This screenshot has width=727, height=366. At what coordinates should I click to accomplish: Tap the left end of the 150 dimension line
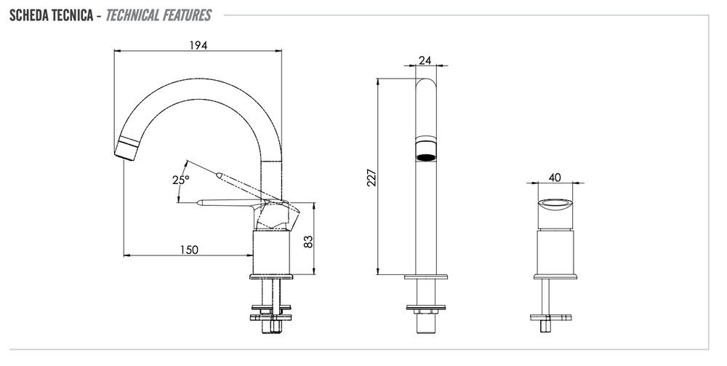click(124, 255)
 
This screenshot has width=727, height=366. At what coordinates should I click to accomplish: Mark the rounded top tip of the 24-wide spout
click(425, 79)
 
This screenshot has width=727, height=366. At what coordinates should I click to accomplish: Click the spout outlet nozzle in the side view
click(126, 149)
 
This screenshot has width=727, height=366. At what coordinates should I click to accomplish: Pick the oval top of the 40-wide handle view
click(555, 204)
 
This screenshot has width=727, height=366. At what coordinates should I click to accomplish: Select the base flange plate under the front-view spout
click(425, 277)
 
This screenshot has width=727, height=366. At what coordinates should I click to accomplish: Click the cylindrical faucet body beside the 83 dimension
click(271, 252)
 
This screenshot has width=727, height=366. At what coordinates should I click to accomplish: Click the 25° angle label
click(181, 180)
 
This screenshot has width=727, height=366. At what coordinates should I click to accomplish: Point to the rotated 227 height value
click(371, 178)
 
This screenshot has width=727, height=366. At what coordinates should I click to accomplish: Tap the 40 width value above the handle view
click(555, 178)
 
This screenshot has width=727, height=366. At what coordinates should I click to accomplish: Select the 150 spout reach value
click(189, 250)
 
